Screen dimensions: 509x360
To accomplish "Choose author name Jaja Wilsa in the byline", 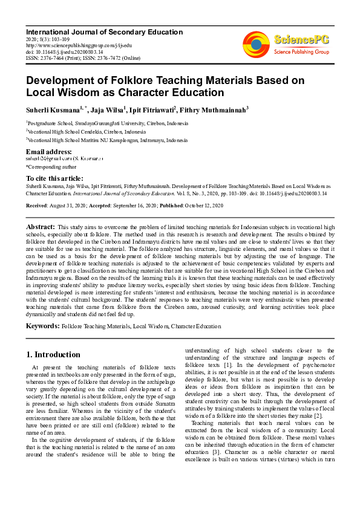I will pyautogui.click(x=106, y=109).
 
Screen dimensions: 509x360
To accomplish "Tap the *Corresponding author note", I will pyautogui.click(x=51, y=166).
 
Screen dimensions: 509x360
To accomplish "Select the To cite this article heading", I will pyautogui.click(x=55, y=178).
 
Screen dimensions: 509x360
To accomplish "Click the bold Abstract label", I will pyautogui.click(x=41, y=226).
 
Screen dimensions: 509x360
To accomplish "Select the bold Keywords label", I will pyautogui.click(x=42, y=326).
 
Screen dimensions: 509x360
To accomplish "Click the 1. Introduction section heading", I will pyautogui.click(x=53, y=354).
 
